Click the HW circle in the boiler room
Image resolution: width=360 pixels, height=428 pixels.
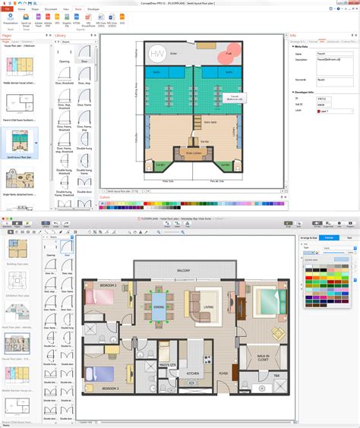pos(156,55)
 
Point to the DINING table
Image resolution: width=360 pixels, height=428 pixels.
pos(159,307)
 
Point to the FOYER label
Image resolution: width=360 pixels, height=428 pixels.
pos(224,373)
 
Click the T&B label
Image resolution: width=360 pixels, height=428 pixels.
pos(276,376)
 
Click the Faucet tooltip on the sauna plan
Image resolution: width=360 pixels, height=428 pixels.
pos(235,98)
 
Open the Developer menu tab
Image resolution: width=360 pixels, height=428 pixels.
pos(93,9)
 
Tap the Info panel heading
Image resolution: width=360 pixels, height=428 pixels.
pos(293,35)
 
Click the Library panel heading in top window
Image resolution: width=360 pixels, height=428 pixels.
pos(60,35)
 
